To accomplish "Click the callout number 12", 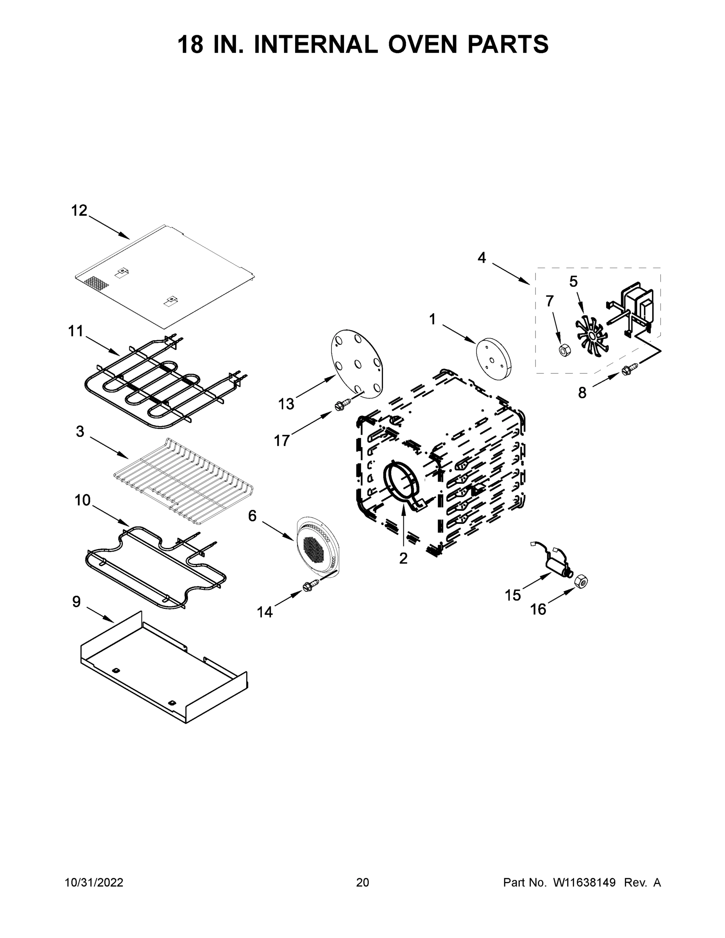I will click(79, 210).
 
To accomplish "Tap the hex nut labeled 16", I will click(581, 582).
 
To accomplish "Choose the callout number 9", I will click(76, 602).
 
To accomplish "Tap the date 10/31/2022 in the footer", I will click(94, 883).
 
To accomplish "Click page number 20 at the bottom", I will click(363, 883).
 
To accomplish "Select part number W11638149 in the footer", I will click(584, 883).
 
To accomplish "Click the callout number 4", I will click(482, 258).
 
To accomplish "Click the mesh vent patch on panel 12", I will click(97, 283).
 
